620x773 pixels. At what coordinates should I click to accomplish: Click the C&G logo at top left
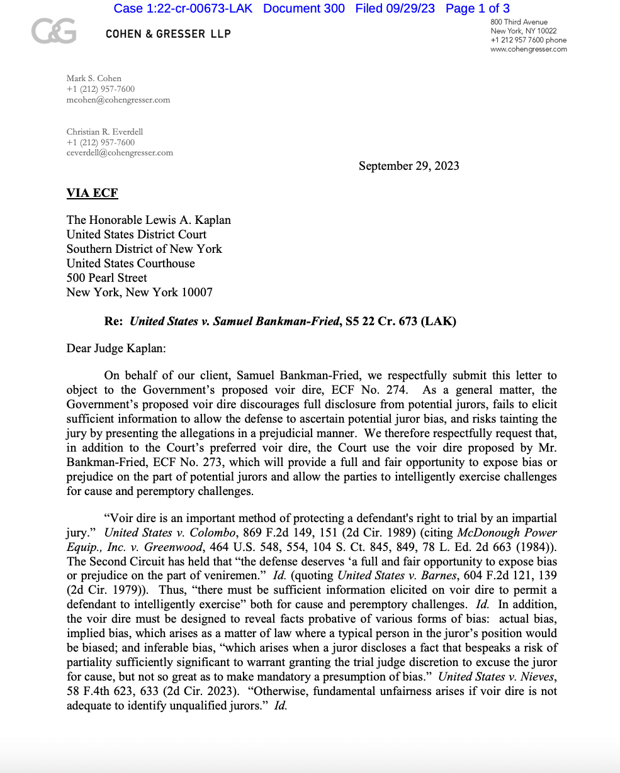[x=54, y=31]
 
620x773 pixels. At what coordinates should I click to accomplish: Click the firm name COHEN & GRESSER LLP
[x=168, y=33]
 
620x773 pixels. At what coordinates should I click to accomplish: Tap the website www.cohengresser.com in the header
[x=528, y=49]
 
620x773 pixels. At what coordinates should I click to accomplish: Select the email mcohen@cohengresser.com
[x=118, y=100]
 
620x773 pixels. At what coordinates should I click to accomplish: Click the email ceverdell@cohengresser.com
[x=120, y=153]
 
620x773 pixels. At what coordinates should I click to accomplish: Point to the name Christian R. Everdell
[x=104, y=132]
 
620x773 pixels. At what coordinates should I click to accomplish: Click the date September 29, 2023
[x=409, y=166]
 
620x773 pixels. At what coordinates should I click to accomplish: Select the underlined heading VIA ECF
[x=92, y=193]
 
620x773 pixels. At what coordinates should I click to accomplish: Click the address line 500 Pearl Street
[x=106, y=278]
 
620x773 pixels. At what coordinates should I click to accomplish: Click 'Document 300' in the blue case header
[x=303, y=8]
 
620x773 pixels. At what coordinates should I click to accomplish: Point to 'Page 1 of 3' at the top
[x=477, y=8]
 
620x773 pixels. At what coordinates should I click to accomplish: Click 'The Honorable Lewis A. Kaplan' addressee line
[x=149, y=220]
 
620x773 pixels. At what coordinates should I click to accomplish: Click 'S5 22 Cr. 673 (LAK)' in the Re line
[x=400, y=321]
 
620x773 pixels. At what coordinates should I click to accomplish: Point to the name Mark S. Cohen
[x=94, y=79]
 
